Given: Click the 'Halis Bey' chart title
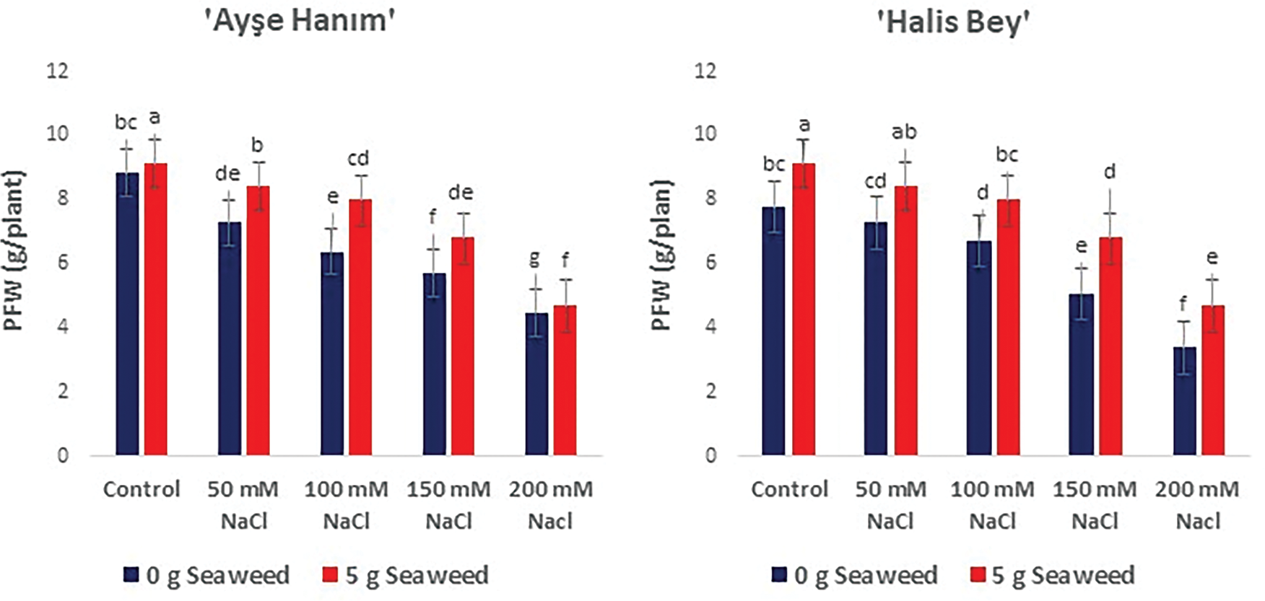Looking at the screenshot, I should coord(953,22).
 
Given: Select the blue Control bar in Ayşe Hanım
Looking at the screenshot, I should coord(127,314).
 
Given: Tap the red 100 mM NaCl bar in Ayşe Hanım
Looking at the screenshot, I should coord(361,327).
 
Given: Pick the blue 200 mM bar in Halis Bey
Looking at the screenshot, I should coord(1184,400).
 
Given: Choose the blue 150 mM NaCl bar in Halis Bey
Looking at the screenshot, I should coord(1082,374).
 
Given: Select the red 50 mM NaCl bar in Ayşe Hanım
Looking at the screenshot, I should coord(258,320).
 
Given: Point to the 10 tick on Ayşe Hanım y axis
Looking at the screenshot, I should coord(58,133).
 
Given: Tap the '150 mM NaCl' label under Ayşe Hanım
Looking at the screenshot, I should coord(448,504).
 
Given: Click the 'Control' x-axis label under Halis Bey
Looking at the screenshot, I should coord(789,489).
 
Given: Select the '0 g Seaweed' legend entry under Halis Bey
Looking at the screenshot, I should coord(855,575).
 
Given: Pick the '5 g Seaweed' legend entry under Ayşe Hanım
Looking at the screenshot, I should coord(405,575).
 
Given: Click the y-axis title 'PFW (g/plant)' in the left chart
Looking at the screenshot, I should coord(14,250).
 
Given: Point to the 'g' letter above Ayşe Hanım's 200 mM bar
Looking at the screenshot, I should coord(535,258).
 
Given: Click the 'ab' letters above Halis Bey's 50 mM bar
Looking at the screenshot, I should coord(904,132).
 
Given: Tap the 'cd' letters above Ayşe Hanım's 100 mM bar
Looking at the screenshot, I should coord(358,158).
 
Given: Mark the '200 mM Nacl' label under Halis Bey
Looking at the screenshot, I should coord(1197,504).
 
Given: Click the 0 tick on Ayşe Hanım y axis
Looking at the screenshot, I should coord(63,455).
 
